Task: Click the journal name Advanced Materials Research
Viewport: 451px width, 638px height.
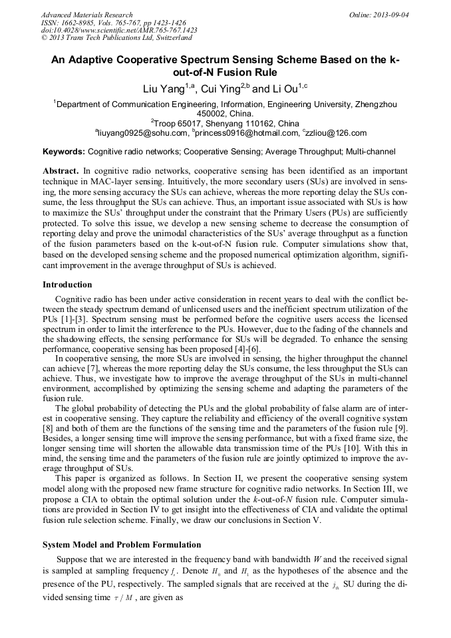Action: tap(86, 15)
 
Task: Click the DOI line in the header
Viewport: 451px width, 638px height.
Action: tap(118, 31)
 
